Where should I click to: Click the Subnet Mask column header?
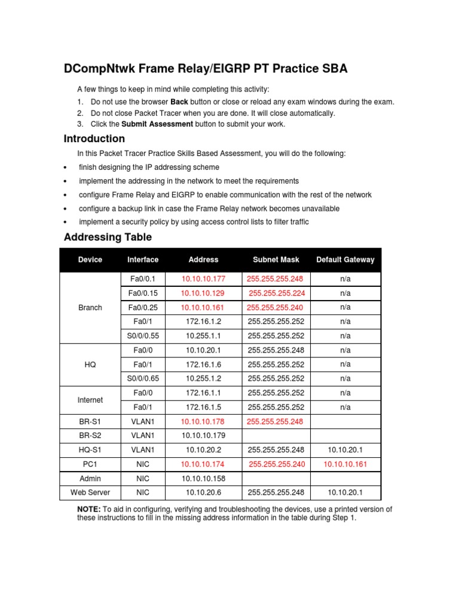click(x=276, y=259)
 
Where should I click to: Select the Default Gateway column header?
click(x=345, y=259)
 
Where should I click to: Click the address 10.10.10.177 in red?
click(x=203, y=279)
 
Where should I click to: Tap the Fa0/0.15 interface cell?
click(x=143, y=293)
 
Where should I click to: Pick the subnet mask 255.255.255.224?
click(x=276, y=293)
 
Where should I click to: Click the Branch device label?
click(x=90, y=307)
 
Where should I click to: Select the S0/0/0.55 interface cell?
click(x=143, y=336)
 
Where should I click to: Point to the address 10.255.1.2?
click(x=203, y=378)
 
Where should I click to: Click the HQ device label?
click(x=90, y=364)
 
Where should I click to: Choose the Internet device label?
click(x=90, y=400)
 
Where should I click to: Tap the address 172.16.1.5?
click(x=203, y=407)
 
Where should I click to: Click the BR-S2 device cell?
click(x=90, y=436)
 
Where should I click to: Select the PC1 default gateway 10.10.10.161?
click(x=345, y=464)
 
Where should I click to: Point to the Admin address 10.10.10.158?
click(x=203, y=478)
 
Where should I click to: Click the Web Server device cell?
click(x=90, y=492)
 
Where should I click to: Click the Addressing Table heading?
click(x=108, y=237)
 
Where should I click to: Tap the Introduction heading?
click(x=94, y=139)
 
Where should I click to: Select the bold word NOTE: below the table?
click(x=90, y=509)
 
